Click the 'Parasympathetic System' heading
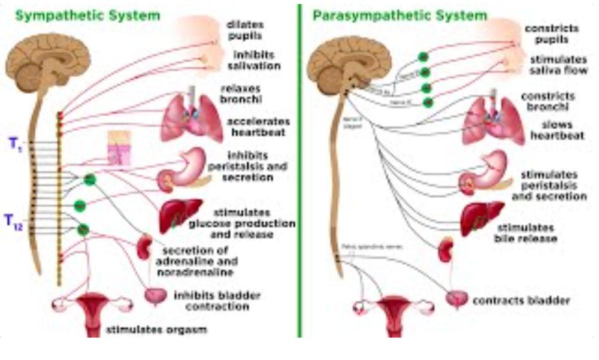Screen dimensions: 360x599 tap(400, 15)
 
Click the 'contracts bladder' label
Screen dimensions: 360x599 tap(521, 300)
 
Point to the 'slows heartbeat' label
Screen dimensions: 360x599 tap(556, 130)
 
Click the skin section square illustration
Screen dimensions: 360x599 tap(118, 147)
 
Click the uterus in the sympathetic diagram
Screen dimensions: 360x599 tap(91, 311)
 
